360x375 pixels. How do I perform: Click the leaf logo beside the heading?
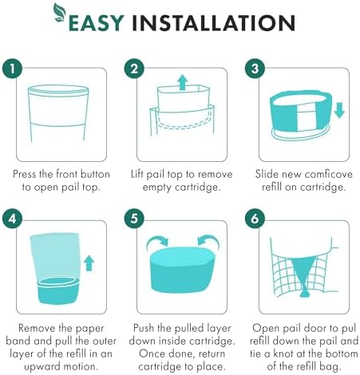pyautogui.click(x=60, y=12)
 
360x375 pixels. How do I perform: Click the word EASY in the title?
pyautogui.click(x=97, y=23)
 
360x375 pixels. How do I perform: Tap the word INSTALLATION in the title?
pyautogui.click(x=213, y=23)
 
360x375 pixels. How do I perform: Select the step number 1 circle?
pyautogui.click(x=12, y=69)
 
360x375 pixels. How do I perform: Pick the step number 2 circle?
pyautogui.click(x=134, y=69)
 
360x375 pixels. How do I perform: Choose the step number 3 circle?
pyautogui.click(x=255, y=69)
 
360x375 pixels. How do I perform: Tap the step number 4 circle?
pyautogui.click(x=12, y=219)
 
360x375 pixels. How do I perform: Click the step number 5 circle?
pyautogui.click(x=134, y=219)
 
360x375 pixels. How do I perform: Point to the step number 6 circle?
pyautogui.click(x=255, y=219)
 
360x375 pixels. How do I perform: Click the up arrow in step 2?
pyautogui.click(x=183, y=82)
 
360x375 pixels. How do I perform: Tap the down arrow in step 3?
pyautogui.click(x=339, y=110)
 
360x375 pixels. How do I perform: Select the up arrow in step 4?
pyautogui.click(x=89, y=263)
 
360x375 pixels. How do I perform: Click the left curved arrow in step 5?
pyautogui.click(x=157, y=241)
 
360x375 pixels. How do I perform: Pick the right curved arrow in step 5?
pyautogui.click(x=208, y=241)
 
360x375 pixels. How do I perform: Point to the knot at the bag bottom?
pyautogui.click(x=304, y=294)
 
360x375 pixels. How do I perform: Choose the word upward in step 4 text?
pyautogui.click(x=42, y=367)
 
